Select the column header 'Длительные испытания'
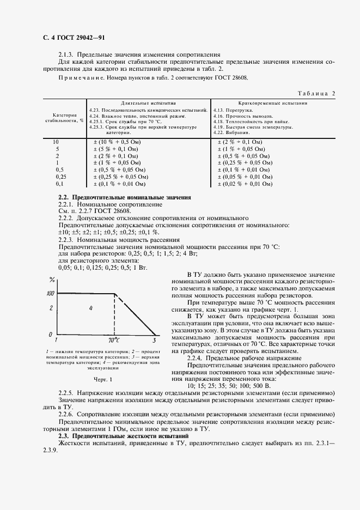pyautogui.click(x=148, y=102)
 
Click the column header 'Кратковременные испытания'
pyautogui.click(x=272, y=102)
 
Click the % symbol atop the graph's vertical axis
pyautogui.click(x=52, y=281)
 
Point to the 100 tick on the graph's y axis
pyautogui.click(x=50, y=294)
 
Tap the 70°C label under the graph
pyautogui.click(x=114, y=340)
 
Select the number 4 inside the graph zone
pyautogui.click(x=91, y=308)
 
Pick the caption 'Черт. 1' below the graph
pyautogui.click(x=102, y=379)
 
